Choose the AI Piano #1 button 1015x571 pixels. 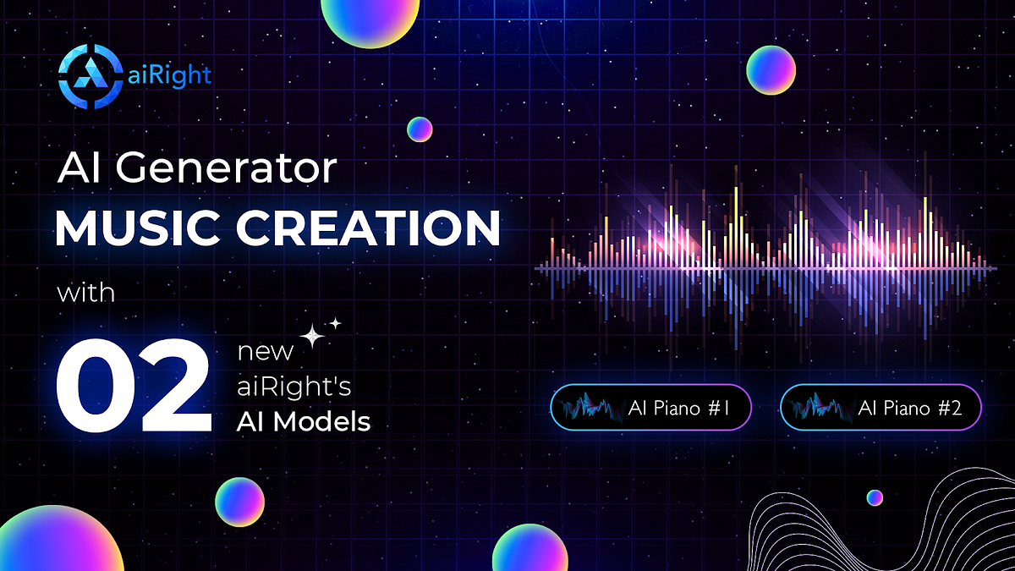point(650,408)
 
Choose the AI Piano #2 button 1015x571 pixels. point(881,408)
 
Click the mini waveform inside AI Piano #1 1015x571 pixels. point(593,408)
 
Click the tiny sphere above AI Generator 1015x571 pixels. point(420,129)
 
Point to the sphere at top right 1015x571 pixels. point(771,69)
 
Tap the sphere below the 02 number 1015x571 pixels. point(240,502)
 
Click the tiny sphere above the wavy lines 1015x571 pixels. point(875,497)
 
